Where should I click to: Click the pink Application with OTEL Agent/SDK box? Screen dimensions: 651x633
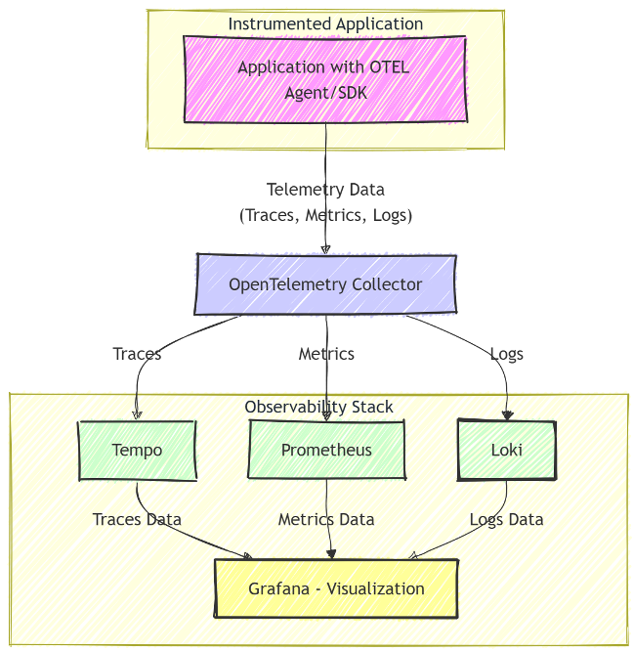pos(325,79)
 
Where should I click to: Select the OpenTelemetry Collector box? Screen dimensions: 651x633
pos(325,284)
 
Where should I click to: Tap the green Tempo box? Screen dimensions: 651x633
pos(137,451)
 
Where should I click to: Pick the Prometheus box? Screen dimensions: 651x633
pos(326,451)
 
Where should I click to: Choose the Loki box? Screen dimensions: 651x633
pos(506,451)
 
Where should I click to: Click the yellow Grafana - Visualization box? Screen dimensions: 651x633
pos(336,588)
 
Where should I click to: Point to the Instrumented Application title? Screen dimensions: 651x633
pos(325,23)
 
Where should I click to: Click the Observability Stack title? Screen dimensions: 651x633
pos(318,407)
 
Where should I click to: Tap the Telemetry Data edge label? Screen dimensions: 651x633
pos(325,202)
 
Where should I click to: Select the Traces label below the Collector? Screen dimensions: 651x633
pos(137,354)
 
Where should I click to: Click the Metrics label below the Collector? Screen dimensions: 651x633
pos(326,354)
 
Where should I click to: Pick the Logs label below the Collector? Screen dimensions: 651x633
pos(506,354)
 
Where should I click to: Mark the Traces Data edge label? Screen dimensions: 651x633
pos(137,520)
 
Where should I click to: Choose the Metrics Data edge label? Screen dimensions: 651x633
pos(326,520)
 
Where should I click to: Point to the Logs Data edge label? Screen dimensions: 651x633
pos(506,520)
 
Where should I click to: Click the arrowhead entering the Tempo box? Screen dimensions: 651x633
pos(137,414)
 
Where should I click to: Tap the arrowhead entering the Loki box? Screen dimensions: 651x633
pos(506,414)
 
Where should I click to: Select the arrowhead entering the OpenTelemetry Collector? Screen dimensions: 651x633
pos(325,248)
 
